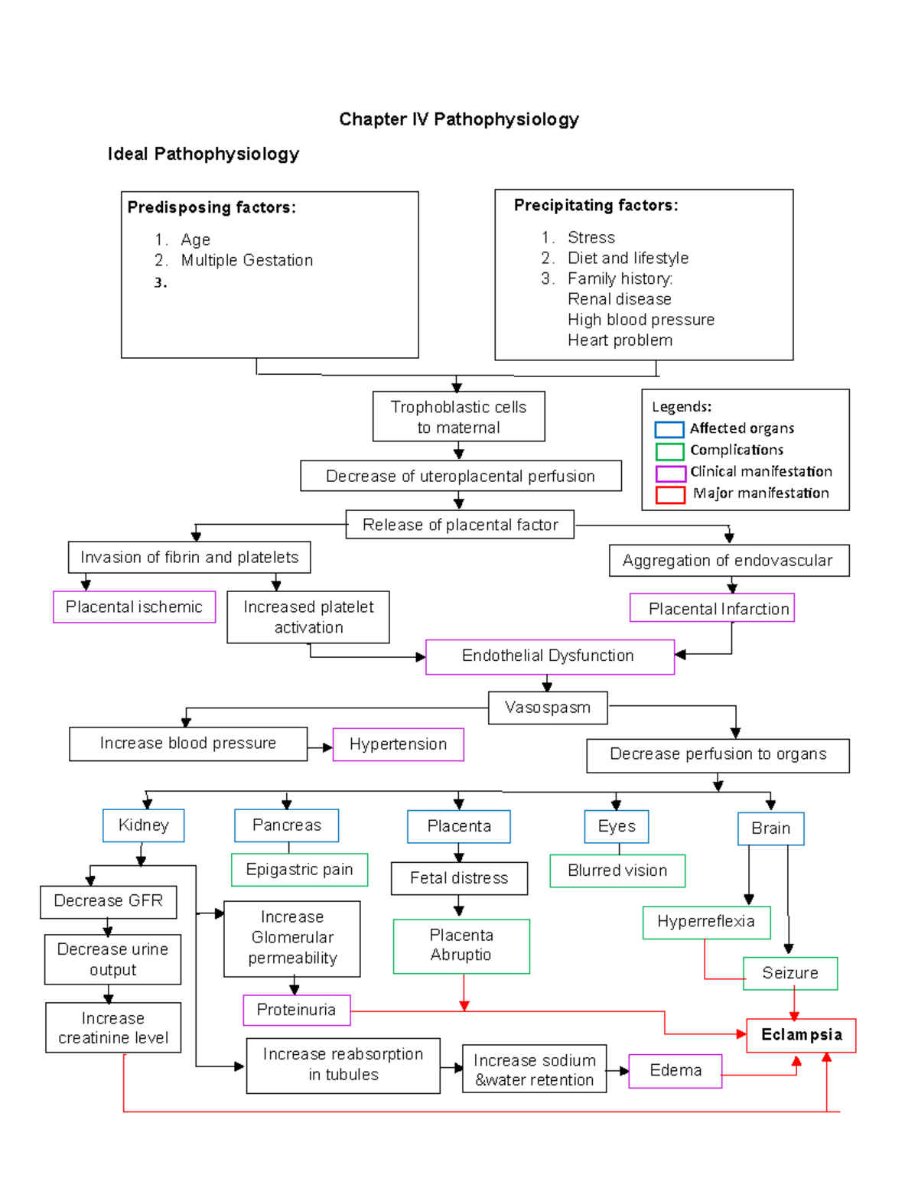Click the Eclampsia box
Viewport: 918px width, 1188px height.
click(801, 1035)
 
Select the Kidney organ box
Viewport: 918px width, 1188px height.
click(144, 825)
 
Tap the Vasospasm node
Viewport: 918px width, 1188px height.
click(548, 708)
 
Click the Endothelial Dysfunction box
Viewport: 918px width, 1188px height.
click(549, 656)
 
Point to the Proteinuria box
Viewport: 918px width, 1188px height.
click(297, 1010)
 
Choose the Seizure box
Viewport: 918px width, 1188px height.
click(790, 973)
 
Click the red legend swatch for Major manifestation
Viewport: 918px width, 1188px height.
click(669, 494)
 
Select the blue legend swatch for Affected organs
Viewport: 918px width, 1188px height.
click(669, 429)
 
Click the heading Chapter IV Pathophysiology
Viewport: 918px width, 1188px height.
click(459, 119)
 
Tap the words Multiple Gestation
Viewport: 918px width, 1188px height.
click(247, 260)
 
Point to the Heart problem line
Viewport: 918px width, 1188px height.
click(620, 340)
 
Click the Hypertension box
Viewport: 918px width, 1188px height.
click(399, 744)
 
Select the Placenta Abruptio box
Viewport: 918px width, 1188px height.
click(461, 946)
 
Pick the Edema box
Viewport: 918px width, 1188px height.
click(675, 1070)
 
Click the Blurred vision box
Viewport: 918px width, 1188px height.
click(617, 871)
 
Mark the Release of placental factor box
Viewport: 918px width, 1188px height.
click(460, 525)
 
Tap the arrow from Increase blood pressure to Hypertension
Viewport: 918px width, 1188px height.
click(321, 747)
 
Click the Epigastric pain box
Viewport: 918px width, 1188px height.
click(300, 870)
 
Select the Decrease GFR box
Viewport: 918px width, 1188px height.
click(109, 901)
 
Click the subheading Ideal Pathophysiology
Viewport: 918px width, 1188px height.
click(203, 154)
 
